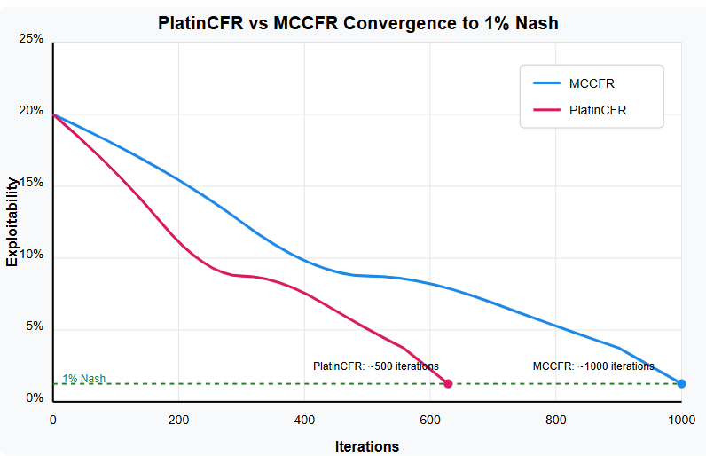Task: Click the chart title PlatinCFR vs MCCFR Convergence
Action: [358, 23]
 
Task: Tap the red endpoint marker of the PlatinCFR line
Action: [448, 384]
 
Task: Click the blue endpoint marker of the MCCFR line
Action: [681, 384]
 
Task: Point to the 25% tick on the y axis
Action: [31, 40]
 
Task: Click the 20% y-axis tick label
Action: [31, 112]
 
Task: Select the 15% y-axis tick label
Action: [31, 184]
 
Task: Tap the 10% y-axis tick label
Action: [31, 256]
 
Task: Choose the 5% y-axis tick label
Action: [34, 326]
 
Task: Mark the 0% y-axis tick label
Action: [34, 398]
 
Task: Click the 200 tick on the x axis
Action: [179, 419]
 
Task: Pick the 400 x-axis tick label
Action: [304, 419]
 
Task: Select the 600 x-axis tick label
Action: [430, 419]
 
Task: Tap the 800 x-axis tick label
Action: [556, 419]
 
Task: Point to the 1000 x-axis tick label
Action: [681, 419]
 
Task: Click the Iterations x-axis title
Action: [367, 446]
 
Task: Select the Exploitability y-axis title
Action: [12, 221]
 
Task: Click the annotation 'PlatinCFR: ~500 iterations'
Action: [376, 366]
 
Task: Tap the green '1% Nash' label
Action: [83, 379]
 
